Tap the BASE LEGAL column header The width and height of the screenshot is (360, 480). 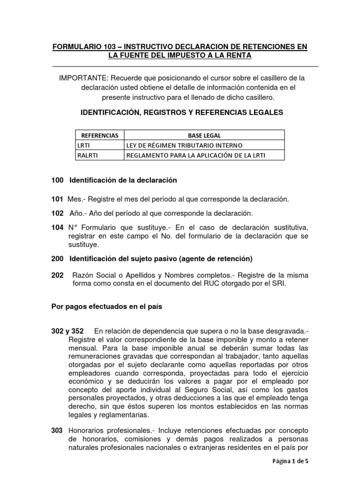tap(204, 135)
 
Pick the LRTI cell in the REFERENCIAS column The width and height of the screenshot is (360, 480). tap(83, 145)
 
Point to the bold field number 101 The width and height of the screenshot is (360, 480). tap(57, 199)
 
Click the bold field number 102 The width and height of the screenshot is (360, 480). tap(57, 213)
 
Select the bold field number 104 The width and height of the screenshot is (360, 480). tap(57, 227)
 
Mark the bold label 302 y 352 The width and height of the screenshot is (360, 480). tap(67, 331)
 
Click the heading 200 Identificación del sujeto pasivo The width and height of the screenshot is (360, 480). tap(151, 258)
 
